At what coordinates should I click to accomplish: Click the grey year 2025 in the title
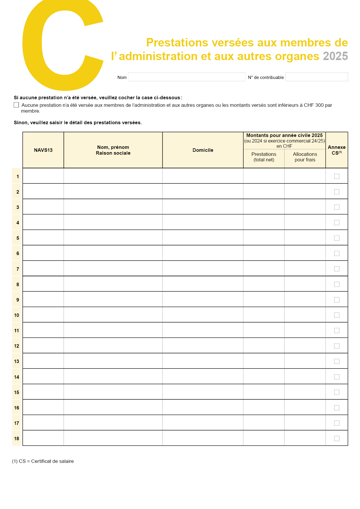pos(335,56)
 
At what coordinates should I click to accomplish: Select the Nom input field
pos(187,77)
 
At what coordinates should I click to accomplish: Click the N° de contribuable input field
pos(316,77)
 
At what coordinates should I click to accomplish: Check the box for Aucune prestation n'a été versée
pos(17,105)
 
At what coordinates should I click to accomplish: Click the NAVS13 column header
pos(43,150)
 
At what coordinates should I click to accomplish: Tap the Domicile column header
pos(203,150)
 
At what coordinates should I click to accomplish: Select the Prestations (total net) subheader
pos(264,157)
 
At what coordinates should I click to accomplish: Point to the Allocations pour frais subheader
pos(305,157)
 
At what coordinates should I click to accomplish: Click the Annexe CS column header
pos(336,150)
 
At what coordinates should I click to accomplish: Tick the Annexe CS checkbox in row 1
pos(337,176)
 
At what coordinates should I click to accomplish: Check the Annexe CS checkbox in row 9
pos(337,300)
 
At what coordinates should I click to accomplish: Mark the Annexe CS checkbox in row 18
pos(337,438)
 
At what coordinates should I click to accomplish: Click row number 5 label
pos(17,238)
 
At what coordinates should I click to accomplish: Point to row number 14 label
pos(17,377)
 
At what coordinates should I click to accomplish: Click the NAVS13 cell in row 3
pos(43,207)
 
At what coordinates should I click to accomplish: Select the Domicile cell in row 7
pos(203,268)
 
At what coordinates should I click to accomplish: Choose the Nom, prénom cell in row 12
pos(113,346)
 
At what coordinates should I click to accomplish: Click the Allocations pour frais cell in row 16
pos(305,407)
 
